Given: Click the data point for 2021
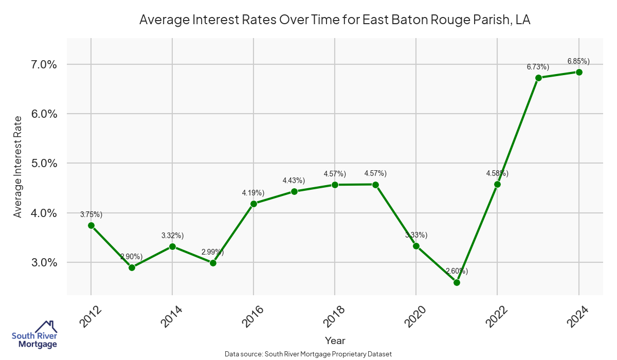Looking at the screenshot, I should [457, 282].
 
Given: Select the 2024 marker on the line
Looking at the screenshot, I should [579, 72].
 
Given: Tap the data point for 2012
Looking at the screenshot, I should [91, 225].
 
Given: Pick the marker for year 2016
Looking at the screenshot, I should [253, 204].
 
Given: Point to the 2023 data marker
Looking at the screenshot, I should [538, 78].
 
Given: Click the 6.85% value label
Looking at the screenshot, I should [578, 61].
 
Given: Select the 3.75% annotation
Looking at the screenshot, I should [91, 214].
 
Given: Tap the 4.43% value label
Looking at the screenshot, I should [294, 181].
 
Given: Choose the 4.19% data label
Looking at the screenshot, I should [253, 193].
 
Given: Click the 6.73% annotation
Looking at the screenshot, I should [538, 67].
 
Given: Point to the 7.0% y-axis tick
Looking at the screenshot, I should [44, 65].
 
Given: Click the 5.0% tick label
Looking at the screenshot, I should [44, 164].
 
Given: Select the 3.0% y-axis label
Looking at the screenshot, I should [44, 262].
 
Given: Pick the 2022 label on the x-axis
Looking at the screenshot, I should [497, 317].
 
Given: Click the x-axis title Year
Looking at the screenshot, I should [335, 340].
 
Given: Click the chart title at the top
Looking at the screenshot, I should [335, 20].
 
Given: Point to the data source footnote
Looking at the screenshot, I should [308, 354].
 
